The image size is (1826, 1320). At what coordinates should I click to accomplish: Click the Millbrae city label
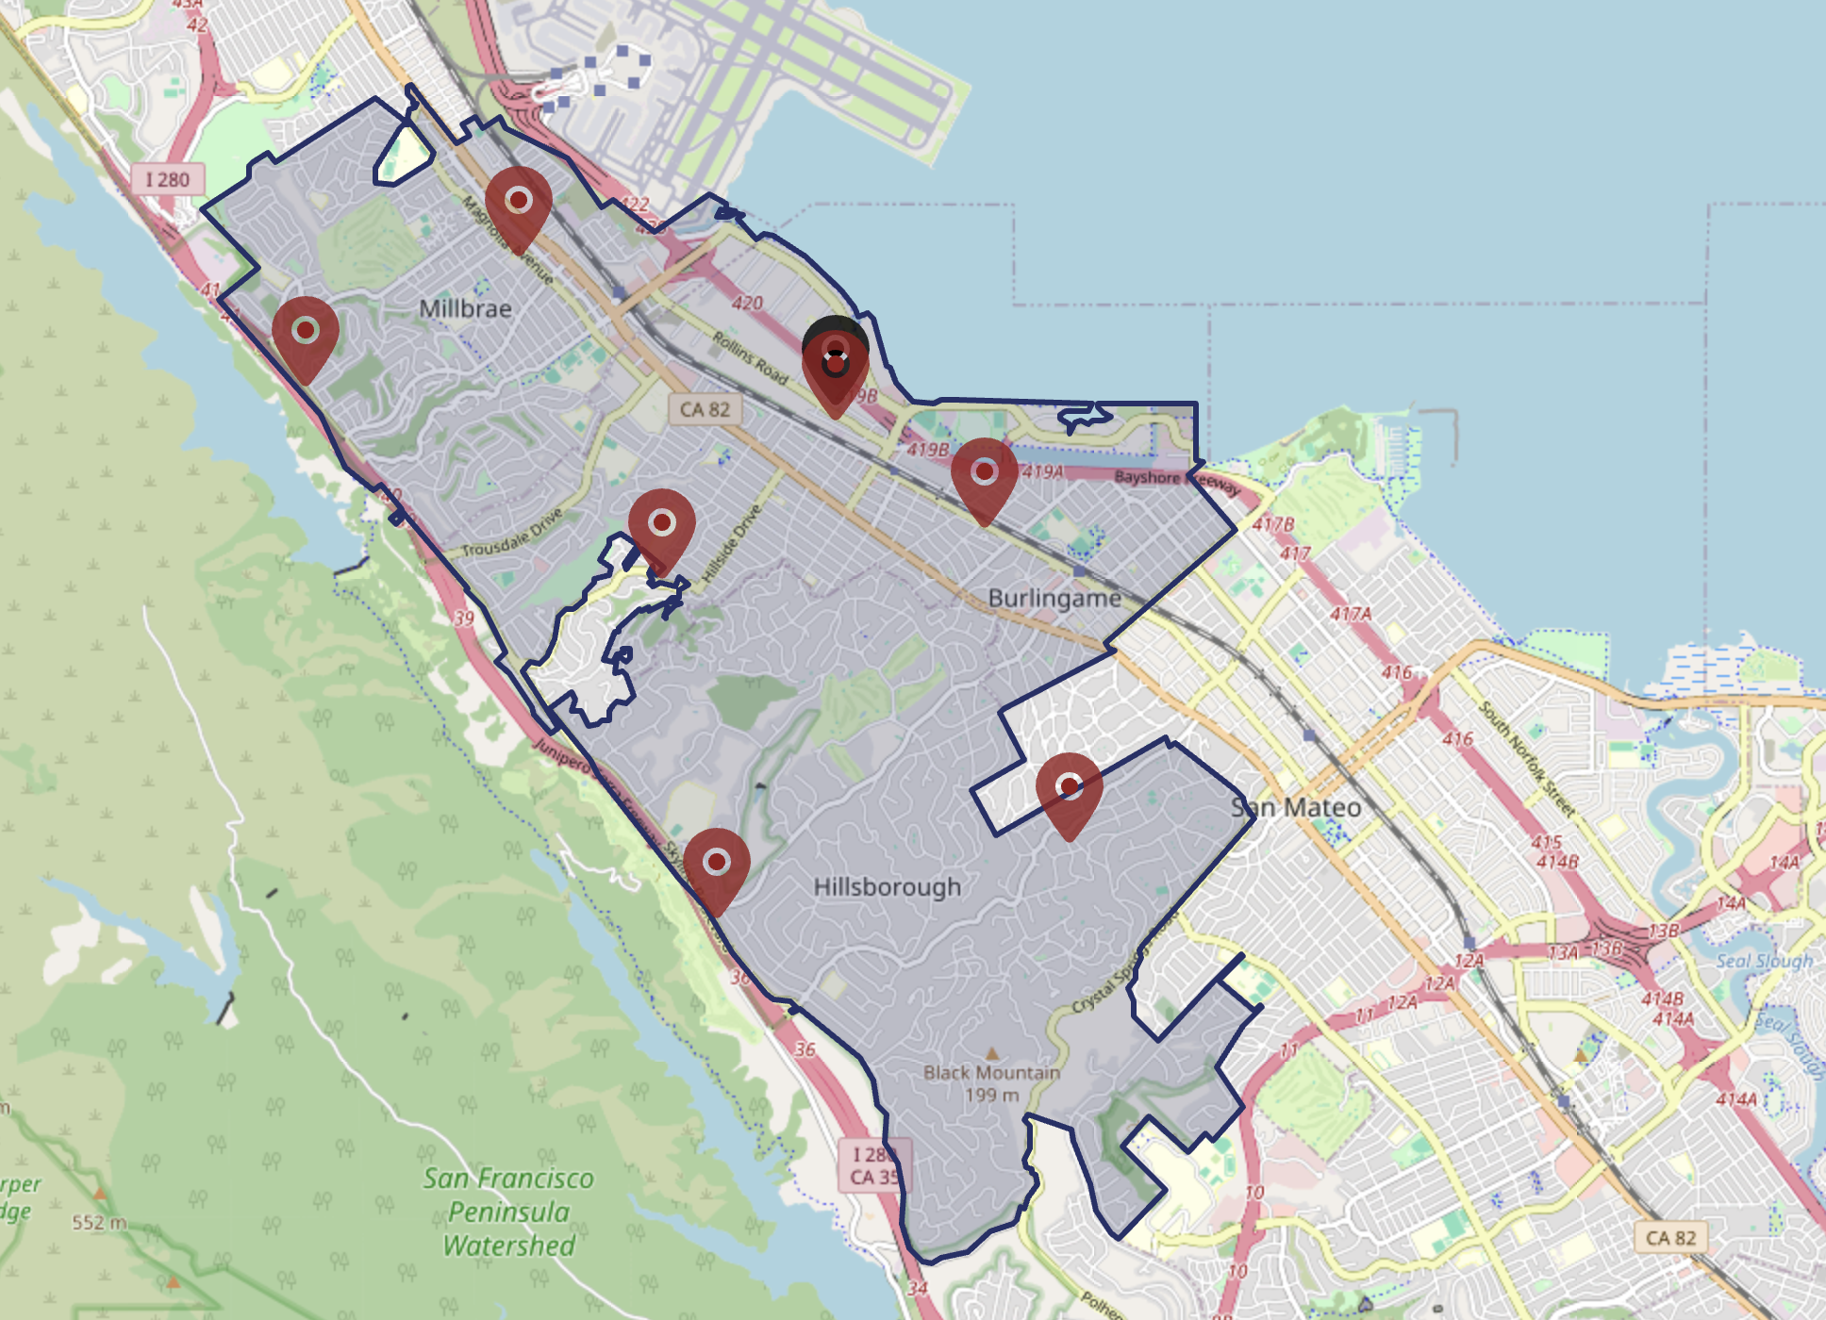pyautogui.click(x=465, y=308)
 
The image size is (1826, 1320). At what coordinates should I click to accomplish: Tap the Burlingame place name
pyautogui.click(x=1054, y=598)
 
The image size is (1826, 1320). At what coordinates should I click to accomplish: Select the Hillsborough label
pyautogui.click(x=887, y=887)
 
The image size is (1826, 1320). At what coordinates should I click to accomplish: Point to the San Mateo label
pyautogui.click(x=1297, y=807)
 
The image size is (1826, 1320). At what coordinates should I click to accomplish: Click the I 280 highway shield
pyautogui.click(x=167, y=179)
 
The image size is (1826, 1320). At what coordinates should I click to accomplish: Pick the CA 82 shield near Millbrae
pyautogui.click(x=705, y=409)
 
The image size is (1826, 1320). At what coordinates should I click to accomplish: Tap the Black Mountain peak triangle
pyautogui.click(x=991, y=1053)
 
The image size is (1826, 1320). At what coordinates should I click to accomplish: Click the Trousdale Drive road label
pyautogui.click(x=512, y=533)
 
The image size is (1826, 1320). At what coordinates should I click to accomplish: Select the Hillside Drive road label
pyautogui.click(x=732, y=543)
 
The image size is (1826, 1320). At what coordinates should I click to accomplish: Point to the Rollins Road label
pyautogui.click(x=750, y=357)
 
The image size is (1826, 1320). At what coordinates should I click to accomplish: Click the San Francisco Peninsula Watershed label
pyautogui.click(x=508, y=1212)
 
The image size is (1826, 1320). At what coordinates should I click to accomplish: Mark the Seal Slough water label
pyautogui.click(x=1764, y=961)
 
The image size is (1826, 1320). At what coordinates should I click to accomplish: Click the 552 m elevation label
pyautogui.click(x=99, y=1223)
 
